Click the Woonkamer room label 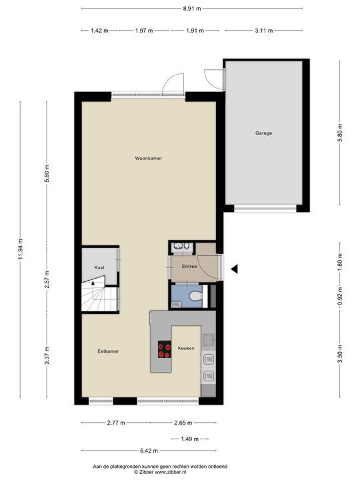pyautogui.click(x=149, y=158)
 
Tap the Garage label pyautogui.click(x=263, y=133)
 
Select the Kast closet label pyautogui.click(x=99, y=267)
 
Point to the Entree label pyautogui.click(x=189, y=266)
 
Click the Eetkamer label pyautogui.click(x=108, y=351)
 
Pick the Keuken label pyautogui.click(x=186, y=349)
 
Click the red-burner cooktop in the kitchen pyautogui.click(x=165, y=349)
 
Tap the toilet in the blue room pyautogui.click(x=195, y=296)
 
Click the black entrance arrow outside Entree pyautogui.click(x=234, y=269)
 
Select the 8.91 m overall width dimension pyautogui.click(x=192, y=9)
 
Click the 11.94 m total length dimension pyautogui.click(x=21, y=249)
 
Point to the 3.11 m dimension pyautogui.click(x=263, y=31)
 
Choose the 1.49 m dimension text pyautogui.click(x=189, y=439)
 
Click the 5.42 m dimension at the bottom pyautogui.click(x=149, y=451)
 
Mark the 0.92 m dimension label pyautogui.click(x=339, y=296)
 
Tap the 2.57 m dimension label pyautogui.click(x=47, y=279)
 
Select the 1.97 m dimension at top pyautogui.click(x=144, y=31)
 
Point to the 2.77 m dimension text pyautogui.click(x=116, y=423)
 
